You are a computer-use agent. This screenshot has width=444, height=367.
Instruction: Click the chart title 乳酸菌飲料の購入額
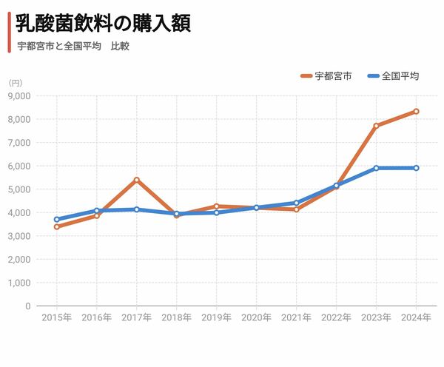point(103,24)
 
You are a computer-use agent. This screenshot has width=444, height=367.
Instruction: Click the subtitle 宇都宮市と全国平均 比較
point(73,46)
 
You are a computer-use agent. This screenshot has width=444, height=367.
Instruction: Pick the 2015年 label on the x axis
point(57,317)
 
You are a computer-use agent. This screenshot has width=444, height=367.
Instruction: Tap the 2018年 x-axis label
point(177,317)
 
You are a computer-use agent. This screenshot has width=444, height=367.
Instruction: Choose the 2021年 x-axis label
point(297,317)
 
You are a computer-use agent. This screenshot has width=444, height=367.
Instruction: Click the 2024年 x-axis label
point(417,317)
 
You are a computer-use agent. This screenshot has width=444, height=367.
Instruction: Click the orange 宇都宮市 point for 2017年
point(137,180)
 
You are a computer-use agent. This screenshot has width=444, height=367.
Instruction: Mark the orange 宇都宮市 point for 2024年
point(417,112)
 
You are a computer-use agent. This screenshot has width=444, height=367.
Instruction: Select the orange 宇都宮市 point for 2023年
point(377,126)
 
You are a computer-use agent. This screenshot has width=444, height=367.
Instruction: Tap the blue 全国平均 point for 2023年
point(377,168)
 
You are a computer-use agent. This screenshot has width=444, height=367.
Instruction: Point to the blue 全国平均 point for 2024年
point(417,168)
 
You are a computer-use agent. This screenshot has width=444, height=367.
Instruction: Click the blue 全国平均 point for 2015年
point(57,219)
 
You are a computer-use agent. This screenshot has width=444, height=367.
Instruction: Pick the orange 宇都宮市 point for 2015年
point(57,226)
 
